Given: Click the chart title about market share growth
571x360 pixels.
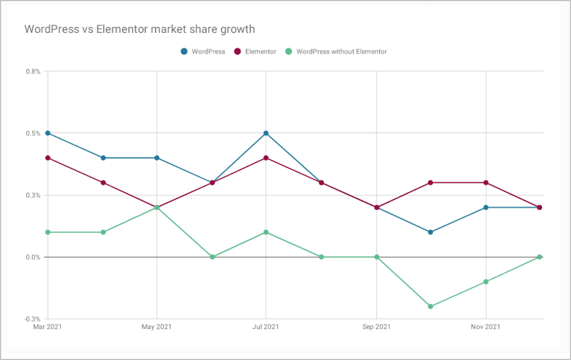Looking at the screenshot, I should coord(139,28).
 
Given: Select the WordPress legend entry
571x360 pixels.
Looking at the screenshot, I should coord(203,51).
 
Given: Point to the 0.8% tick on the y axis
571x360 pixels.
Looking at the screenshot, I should coord(33,71).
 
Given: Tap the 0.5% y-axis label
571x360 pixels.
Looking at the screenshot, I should coord(33,133).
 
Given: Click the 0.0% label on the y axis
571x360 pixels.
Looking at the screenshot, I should coord(33,257).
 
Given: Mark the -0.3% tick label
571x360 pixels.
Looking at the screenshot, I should coord(32,319).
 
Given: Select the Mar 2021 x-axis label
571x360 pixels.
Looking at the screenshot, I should coord(47,327).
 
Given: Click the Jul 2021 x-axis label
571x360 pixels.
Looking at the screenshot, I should coord(266,327).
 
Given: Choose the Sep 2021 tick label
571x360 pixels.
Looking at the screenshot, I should coord(376,327).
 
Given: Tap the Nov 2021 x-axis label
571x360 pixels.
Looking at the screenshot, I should coord(486,327).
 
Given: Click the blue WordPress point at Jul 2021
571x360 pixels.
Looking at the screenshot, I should coord(266,133).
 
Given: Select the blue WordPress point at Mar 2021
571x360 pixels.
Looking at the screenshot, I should coord(47,133).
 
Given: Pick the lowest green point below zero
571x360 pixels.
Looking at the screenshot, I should coord(430,307).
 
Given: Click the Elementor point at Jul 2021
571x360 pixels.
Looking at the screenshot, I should coord(266,158).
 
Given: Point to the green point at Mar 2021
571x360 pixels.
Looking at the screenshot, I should coord(47,232).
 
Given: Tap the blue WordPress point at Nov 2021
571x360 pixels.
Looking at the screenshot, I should coord(486,207).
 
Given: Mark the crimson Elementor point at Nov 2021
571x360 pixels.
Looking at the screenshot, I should coord(486,183).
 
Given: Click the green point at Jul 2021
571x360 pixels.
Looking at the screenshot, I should coord(266,232).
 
